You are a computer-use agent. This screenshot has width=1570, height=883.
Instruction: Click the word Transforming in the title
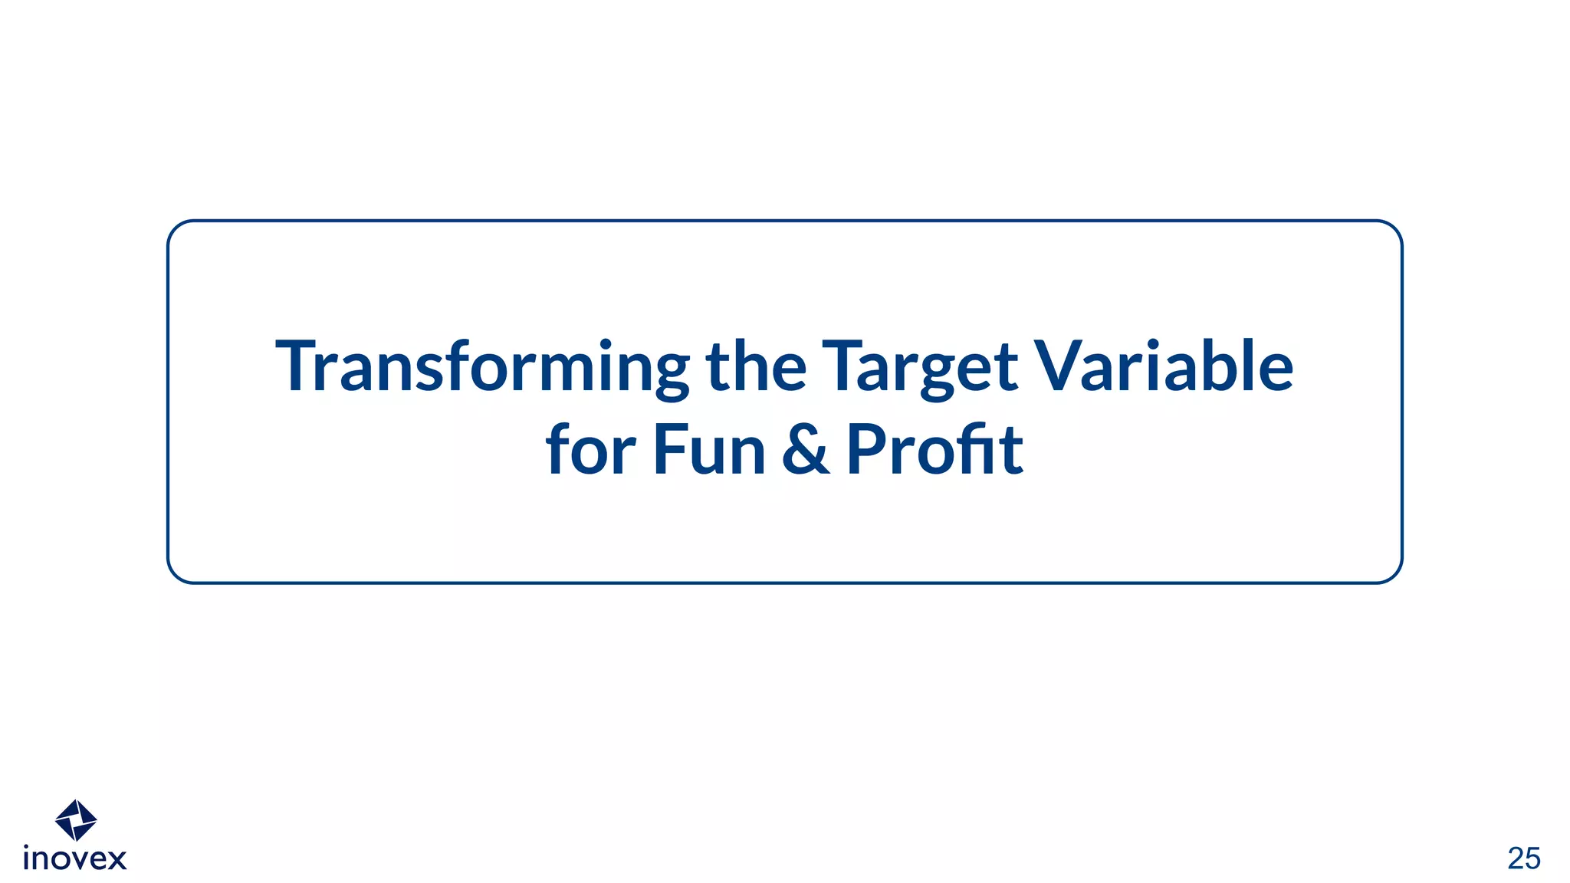pyautogui.click(x=482, y=368)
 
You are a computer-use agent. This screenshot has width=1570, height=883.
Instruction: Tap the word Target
pyautogui.click(x=919, y=368)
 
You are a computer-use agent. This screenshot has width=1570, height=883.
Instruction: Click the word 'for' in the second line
pyautogui.click(x=590, y=450)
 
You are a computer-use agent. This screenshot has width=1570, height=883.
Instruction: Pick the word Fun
pyautogui.click(x=709, y=450)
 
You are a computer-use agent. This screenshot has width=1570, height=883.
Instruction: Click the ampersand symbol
pyautogui.click(x=806, y=450)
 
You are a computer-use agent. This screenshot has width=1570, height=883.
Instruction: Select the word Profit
pyautogui.click(x=934, y=450)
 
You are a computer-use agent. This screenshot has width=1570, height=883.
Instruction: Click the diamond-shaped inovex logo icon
pyautogui.click(x=76, y=820)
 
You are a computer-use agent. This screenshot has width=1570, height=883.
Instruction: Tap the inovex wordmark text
pyautogui.click(x=75, y=859)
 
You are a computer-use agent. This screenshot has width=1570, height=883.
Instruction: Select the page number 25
pyautogui.click(x=1523, y=858)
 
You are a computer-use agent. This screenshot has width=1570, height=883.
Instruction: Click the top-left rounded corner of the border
pyautogui.click(x=177, y=230)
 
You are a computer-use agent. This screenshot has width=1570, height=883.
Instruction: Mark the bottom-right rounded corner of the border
pyautogui.click(x=1393, y=574)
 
